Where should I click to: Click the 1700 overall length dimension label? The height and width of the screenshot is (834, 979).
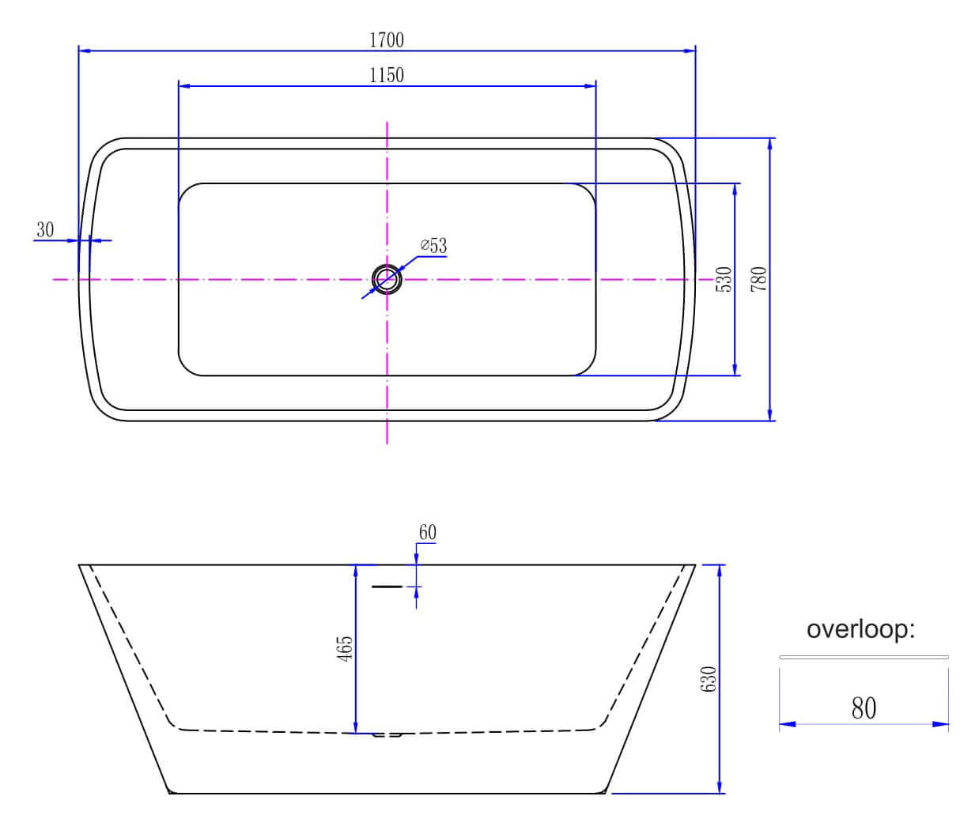click(x=387, y=40)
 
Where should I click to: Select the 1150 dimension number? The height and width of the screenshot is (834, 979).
click(x=387, y=75)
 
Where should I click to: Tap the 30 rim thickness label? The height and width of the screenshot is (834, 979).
click(x=45, y=230)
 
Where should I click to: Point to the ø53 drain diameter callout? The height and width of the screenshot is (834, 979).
click(x=433, y=245)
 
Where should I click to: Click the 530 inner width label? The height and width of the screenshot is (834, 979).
click(x=724, y=279)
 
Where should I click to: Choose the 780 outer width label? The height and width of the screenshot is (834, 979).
click(x=758, y=279)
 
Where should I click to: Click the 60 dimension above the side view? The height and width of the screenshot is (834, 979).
click(x=427, y=532)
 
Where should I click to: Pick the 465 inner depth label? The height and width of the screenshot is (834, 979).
click(x=345, y=649)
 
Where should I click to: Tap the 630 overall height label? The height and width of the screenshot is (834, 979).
click(x=709, y=679)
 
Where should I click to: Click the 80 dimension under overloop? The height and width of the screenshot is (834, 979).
click(x=864, y=708)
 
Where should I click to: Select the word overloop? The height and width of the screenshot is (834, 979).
click(x=860, y=629)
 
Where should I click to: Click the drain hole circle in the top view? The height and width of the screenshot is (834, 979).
click(x=387, y=279)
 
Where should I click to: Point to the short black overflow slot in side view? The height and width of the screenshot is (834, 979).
click(x=387, y=587)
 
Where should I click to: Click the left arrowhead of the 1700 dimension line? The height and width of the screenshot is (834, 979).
click(x=84, y=51)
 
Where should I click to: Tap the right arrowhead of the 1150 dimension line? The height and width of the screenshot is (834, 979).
click(x=590, y=86)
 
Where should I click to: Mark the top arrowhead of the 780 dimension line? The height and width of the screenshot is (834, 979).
click(x=769, y=144)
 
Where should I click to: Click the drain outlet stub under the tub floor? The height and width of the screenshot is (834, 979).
click(x=387, y=735)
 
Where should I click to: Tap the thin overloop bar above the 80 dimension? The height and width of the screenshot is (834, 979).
click(x=864, y=658)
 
